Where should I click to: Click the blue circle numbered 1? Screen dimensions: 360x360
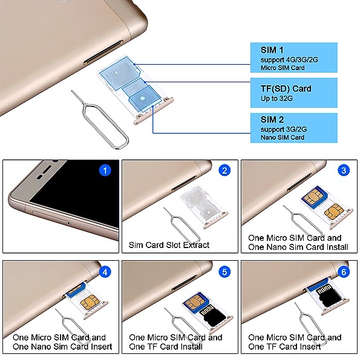[x=105, y=171]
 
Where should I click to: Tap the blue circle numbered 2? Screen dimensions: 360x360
[x=224, y=171]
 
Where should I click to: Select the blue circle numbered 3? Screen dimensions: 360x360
[x=344, y=171]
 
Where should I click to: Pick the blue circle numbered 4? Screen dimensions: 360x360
[x=105, y=272]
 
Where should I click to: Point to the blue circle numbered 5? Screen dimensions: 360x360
[x=224, y=272]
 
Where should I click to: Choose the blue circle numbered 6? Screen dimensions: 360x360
[x=344, y=272]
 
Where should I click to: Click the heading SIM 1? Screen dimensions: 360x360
[x=272, y=50]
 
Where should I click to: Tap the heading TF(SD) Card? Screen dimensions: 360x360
[x=286, y=88]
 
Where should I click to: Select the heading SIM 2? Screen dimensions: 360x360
[x=272, y=120]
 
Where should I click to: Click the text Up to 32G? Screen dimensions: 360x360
[x=277, y=99]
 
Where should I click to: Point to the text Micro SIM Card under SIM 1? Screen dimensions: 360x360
[x=283, y=68]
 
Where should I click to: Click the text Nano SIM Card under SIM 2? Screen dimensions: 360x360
[x=283, y=137]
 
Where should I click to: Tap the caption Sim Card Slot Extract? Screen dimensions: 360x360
[x=169, y=245]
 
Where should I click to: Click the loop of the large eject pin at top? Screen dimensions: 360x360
[x=106, y=126]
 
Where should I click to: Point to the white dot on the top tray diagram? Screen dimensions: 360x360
[x=143, y=98]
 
